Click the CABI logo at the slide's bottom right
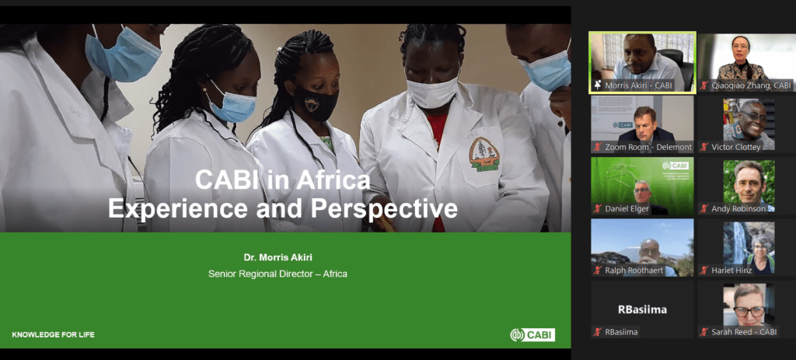point(532,334)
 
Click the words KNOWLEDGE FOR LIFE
point(54,334)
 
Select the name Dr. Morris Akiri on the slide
point(278,257)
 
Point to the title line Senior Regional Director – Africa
point(278,274)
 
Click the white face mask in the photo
point(432,92)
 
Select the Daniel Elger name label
point(627,208)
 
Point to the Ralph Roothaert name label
point(634,270)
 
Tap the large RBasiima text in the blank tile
point(642,309)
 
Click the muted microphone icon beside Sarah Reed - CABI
point(703,332)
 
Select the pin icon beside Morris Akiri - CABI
point(598,85)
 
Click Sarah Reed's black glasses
point(749,309)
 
